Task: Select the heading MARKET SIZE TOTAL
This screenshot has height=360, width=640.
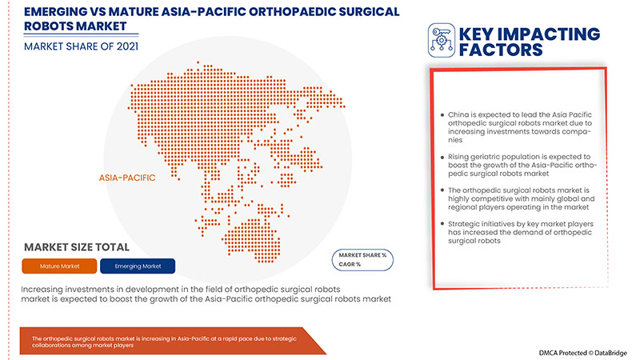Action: tap(77, 247)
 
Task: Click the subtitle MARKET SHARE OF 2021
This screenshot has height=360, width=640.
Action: tap(80, 46)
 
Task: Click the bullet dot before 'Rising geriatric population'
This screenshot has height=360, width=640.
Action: tap(442, 158)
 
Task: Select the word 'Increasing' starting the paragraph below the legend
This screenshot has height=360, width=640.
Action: tap(46, 286)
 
